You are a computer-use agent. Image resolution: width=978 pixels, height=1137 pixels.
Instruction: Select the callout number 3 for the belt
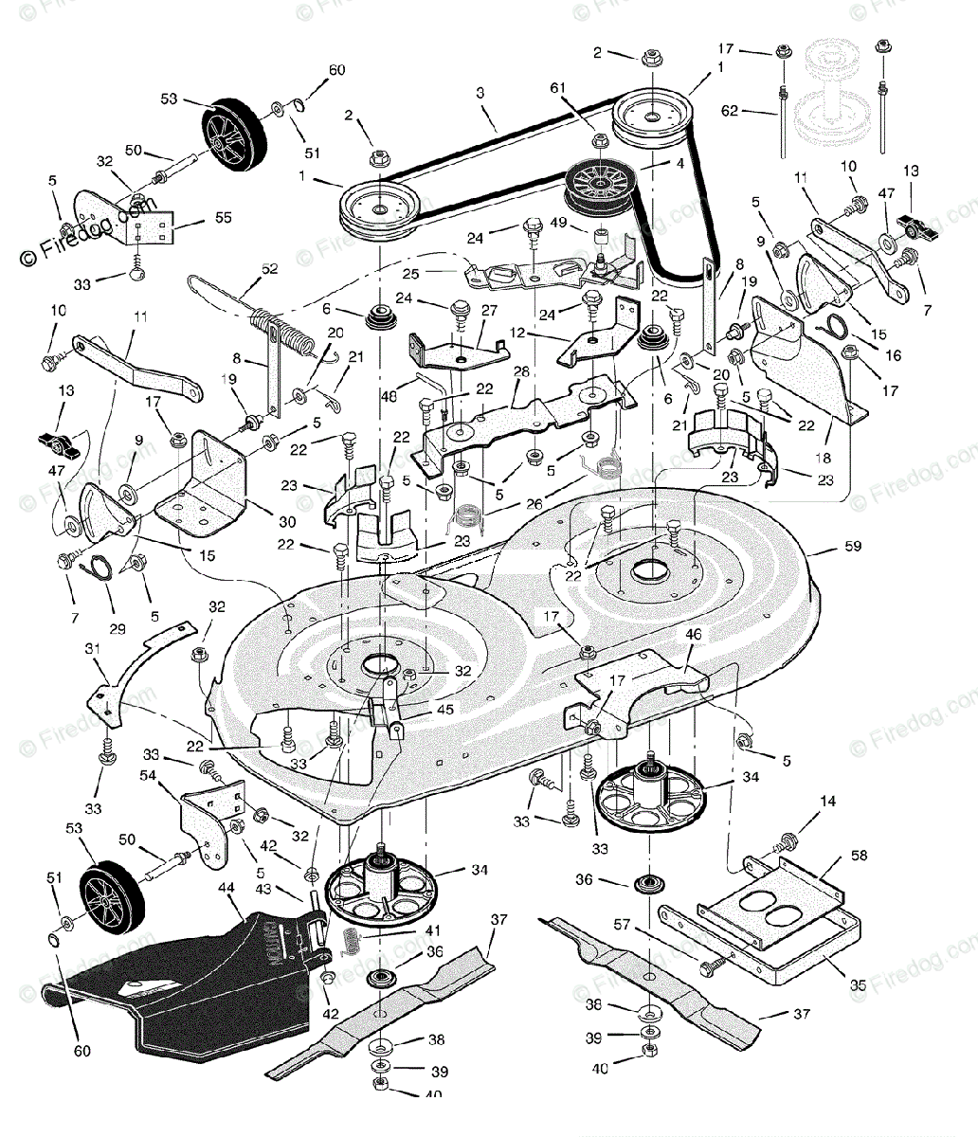[x=480, y=93]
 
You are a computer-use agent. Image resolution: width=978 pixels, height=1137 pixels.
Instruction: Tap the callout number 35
[x=858, y=985]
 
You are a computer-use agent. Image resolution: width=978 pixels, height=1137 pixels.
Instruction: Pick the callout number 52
[x=270, y=269]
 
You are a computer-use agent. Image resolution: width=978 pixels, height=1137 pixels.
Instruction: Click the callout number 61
[x=557, y=88]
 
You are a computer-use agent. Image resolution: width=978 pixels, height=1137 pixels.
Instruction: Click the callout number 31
[x=92, y=647]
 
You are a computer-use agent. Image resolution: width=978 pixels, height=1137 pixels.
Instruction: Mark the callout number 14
[x=828, y=802]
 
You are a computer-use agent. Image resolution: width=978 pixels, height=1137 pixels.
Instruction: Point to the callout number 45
[x=419, y=708]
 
